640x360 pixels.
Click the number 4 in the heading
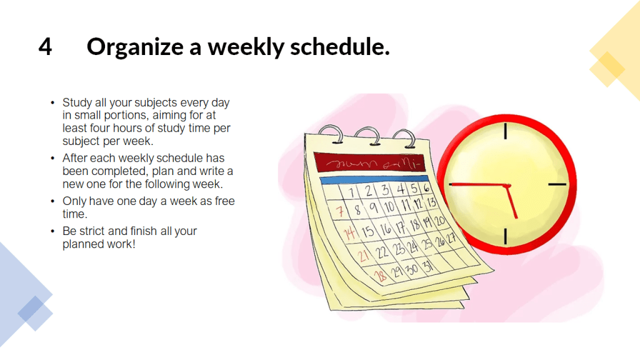pyautogui.click(x=45, y=46)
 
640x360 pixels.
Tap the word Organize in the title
pyautogui.click(x=135, y=47)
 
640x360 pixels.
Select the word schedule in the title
pyautogui.click(x=340, y=46)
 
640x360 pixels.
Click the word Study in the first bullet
pyautogui.click(x=77, y=103)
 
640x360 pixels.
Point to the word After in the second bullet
pyautogui.click(x=75, y=158)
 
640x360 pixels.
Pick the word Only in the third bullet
pyautogui.click(x=74, y=202)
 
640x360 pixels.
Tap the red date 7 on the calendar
pyautogui.click(x=339, y=211)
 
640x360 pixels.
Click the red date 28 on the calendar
pyautogui.click(x=381, y=276)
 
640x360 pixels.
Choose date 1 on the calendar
pyautogui.click(x=351, y=192)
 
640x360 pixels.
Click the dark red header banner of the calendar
pyautogui.click(x=370, y=162)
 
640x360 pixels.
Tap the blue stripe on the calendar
pyautogui.click(x=374, y=179)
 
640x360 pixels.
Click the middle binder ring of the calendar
pyautogui.click(x=367, y=135)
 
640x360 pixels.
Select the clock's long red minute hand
pyautogui.click(x=478, y=185)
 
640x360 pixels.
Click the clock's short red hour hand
pyautogui.click(x=511, y=202)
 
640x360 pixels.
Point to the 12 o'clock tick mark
pyautogui.click(x=505, y=131)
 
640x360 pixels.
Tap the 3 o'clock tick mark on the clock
pyautogui.click(x=557, y=184)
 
